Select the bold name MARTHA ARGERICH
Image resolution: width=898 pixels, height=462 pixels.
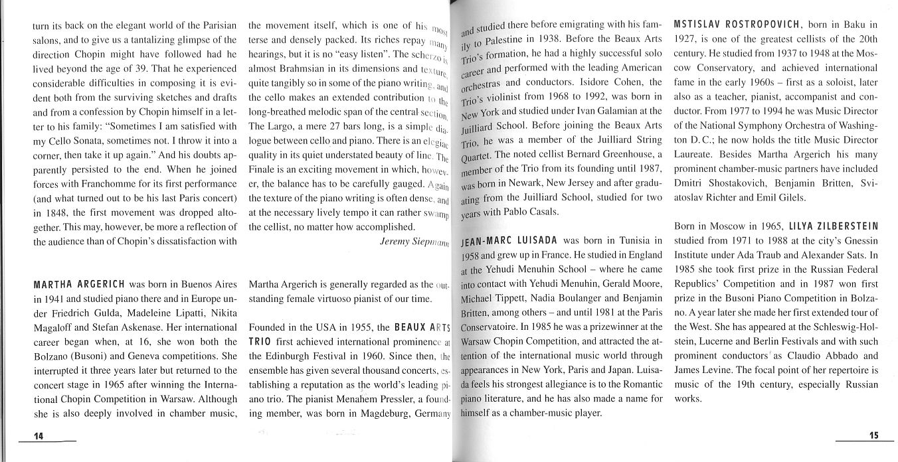79,285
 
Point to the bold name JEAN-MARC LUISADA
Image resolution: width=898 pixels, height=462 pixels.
509,240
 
